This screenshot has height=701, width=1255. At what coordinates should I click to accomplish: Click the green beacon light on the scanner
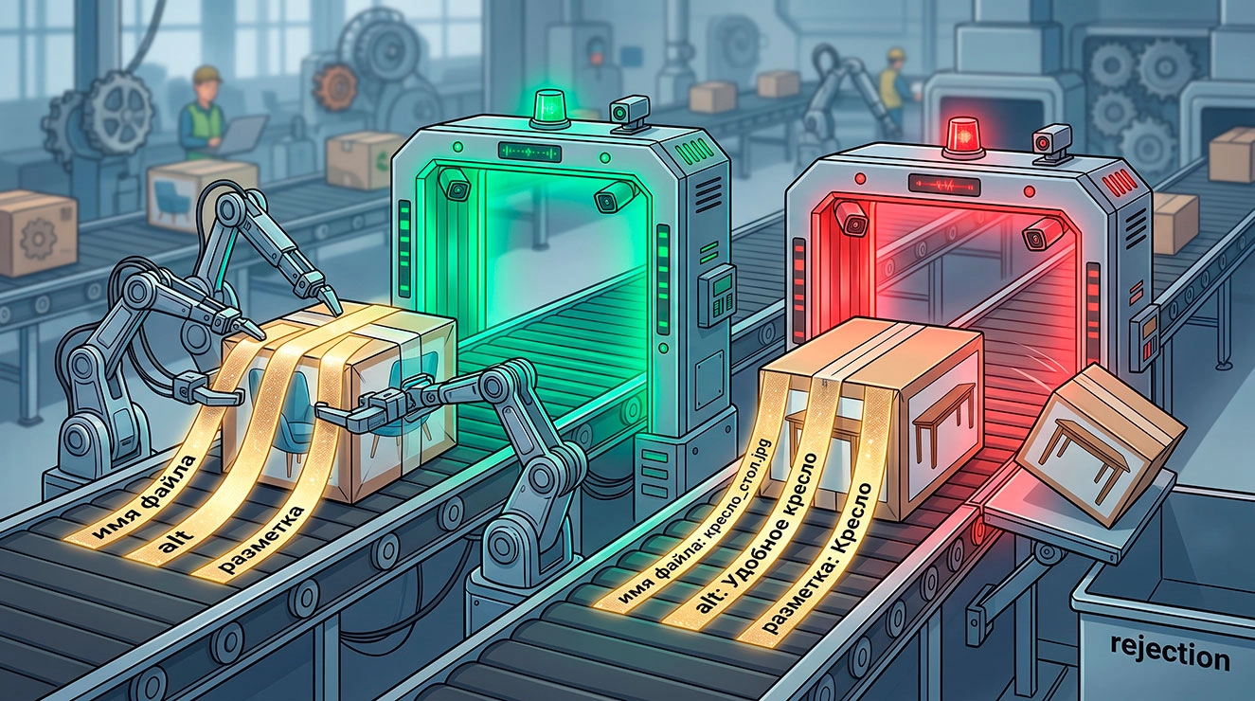(550, 107)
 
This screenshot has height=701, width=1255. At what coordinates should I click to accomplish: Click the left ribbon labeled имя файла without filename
(143, 497)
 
